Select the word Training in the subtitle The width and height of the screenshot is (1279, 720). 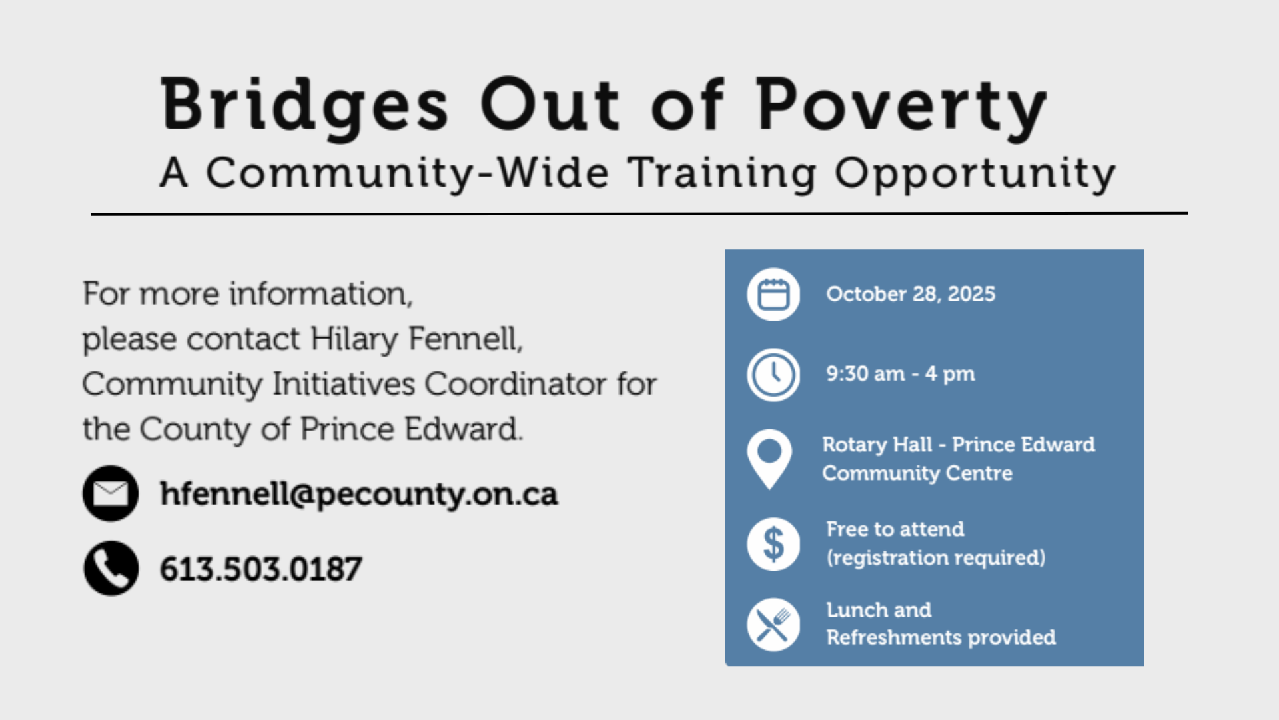click(x=723, y=174)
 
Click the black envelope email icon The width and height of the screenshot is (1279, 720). click(x=111, y=493)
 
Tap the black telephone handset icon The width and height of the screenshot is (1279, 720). click(x=111, y=568)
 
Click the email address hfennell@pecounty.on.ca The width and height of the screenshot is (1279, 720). click(x=359, y=495)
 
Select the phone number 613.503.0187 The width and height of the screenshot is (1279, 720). click(x=261, y=569)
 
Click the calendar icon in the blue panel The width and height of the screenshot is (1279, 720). click(x=773, y=294)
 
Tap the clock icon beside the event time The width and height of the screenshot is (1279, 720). click(x=773, y=374)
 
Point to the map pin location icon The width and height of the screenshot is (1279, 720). click(x=769, y=459)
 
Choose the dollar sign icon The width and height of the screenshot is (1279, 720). click(x=773, y=544)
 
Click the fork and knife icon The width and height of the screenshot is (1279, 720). click(x=773, y=625)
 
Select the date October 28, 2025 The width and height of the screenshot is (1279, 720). click(x=911, y=294)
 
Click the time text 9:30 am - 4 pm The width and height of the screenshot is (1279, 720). click(x=901, y=374)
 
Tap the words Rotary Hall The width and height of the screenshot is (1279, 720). click(x=877, y=445)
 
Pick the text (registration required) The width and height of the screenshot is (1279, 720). click(x=936, y=557)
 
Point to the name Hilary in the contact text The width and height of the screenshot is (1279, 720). click(x=354, y=339)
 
